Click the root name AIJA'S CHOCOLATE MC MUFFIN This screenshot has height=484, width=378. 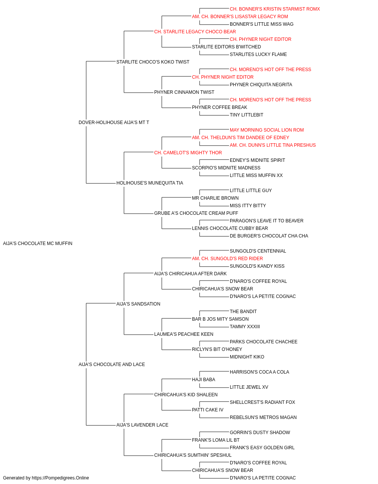coord(38,244)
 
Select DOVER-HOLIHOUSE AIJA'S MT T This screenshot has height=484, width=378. coord(114,123)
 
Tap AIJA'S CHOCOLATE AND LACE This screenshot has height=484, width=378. coord(112,365)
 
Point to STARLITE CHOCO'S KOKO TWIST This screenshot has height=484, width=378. coord(153,62)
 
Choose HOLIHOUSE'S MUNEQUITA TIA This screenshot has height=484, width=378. coord(150,183)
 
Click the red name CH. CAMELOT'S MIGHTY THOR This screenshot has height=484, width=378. coord(188,153)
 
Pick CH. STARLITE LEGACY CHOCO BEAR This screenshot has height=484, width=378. coord(195,32)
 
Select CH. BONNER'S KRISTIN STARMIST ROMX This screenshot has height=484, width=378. coord(275,9)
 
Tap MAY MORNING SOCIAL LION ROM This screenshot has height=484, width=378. coord(267,130)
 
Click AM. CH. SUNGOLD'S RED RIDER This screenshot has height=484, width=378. coord(227,259)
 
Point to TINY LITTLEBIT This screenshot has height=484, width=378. coord(246,115)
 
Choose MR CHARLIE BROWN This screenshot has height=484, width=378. coord(215,198)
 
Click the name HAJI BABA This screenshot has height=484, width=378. coord(203,380)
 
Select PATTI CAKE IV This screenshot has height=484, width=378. coord(208,410)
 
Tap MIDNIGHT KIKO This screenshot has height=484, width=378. coord(247,357)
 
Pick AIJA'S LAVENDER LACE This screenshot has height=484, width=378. coord(142,425)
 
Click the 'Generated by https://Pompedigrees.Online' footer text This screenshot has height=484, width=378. coord(46,478)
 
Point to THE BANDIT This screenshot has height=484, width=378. coord(243,311)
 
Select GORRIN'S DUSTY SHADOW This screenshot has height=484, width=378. coord(260,433)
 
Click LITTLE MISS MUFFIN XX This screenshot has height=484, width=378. coord(256,175)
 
